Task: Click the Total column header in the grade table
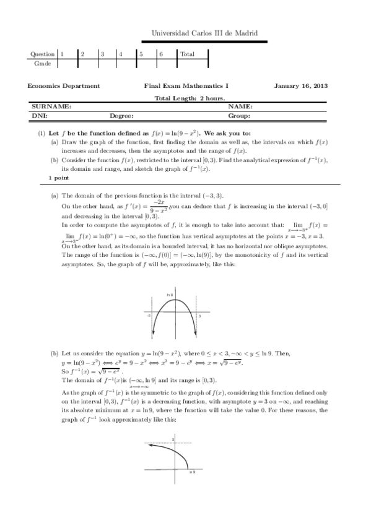pos(186,54)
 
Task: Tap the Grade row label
pos(42,63)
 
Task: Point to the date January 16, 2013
pos(301,87)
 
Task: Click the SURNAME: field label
pos(51,106)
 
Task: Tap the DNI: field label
pos(40,116)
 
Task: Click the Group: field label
pos(238,116)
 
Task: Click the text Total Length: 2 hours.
pos(189,98)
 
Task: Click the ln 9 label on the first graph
pos(170,294)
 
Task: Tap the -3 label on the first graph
pos(149,316)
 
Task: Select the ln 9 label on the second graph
pos(192,471)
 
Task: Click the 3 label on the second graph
pos(173,438)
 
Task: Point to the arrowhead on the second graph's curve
pos(147,452)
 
